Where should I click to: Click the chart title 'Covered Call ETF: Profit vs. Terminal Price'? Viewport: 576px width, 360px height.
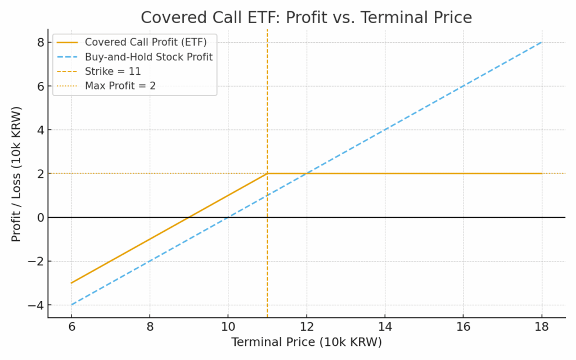click(x=306, y=17)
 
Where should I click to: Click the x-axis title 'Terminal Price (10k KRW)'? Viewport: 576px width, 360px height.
click(x=306, y=342)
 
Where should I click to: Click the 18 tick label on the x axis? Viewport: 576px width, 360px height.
click(x=542, y=327)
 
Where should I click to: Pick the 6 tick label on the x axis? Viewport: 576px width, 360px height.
click(x=71, y=327)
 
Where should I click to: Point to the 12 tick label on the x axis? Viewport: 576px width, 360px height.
click(x=307, y=327)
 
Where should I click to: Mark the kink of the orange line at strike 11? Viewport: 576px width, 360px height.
click(x=267, y=173)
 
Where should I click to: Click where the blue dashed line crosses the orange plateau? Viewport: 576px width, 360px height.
click(x=307, y=173)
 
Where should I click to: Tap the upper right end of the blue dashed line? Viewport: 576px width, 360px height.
click(x=542, y=42)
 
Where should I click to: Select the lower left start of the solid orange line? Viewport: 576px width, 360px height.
click(x=71, y=283)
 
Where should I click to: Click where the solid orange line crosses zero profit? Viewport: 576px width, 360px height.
click(x=188, y=217)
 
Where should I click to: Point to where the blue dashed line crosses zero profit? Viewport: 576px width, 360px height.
click(x=228, y=217)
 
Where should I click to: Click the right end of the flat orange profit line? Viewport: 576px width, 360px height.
click(x=542, y=173)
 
